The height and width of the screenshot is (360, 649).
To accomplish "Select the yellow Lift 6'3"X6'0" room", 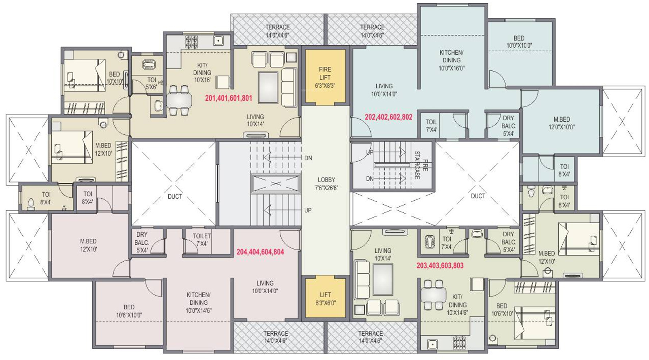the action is click(325, 298).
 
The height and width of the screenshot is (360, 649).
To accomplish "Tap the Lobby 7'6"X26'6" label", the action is click(326, 184).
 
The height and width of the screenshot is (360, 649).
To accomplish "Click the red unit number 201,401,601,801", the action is click(229, 98).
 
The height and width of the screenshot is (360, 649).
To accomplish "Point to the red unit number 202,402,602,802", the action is click(389, 117).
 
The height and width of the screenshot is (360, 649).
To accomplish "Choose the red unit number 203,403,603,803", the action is click(440, 266).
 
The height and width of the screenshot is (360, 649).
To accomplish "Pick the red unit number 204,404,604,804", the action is click(260, 252).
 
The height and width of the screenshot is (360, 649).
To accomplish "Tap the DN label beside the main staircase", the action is click(308, 158).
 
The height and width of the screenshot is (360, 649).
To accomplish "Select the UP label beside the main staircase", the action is click(308, 210).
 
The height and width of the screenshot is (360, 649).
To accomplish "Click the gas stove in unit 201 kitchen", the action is click(192, 42).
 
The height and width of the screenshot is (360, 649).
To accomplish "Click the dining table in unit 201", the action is click(179, 100).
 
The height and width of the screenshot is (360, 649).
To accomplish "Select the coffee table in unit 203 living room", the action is click(383, 280).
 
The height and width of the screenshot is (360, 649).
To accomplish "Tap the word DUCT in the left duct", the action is click(175, 196).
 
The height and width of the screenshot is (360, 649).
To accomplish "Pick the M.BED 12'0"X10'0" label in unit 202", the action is click(561, 123).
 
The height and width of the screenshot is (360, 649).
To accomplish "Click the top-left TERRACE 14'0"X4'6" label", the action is click(278, 31).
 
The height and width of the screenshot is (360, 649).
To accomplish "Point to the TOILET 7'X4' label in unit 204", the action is click(202, 240).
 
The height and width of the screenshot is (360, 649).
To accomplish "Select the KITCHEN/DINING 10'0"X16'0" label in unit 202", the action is click(451, 60).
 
